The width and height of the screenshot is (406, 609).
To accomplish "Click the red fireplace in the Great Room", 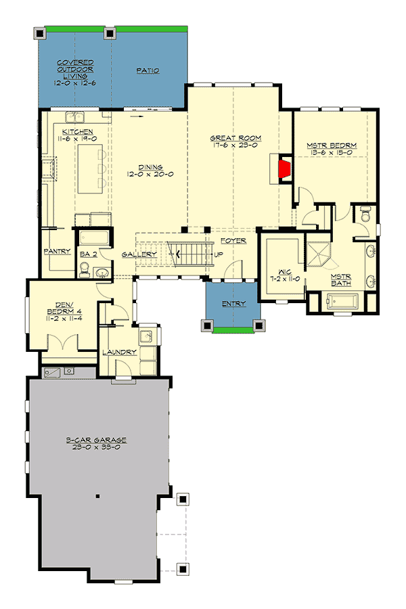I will coord(285,168).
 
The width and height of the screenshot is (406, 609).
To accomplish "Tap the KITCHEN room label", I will coord(78,131).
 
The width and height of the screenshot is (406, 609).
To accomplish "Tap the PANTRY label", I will coord(58,251).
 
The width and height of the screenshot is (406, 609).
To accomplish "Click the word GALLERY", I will coord(139,254).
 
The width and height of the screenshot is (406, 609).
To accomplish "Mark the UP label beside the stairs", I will coord(218,255).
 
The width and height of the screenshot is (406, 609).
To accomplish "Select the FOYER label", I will coord(233,240).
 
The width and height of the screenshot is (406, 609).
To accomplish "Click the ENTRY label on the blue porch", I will coord(233,304).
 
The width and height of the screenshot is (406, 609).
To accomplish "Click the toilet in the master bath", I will coord(365,216).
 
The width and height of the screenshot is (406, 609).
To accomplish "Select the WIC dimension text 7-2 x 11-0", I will coord(284,279).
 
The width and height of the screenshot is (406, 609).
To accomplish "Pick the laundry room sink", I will coord(145,336).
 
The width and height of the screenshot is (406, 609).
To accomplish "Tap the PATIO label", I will coord(147,70).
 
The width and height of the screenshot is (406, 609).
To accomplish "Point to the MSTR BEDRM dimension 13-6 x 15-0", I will coord(332,153).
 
